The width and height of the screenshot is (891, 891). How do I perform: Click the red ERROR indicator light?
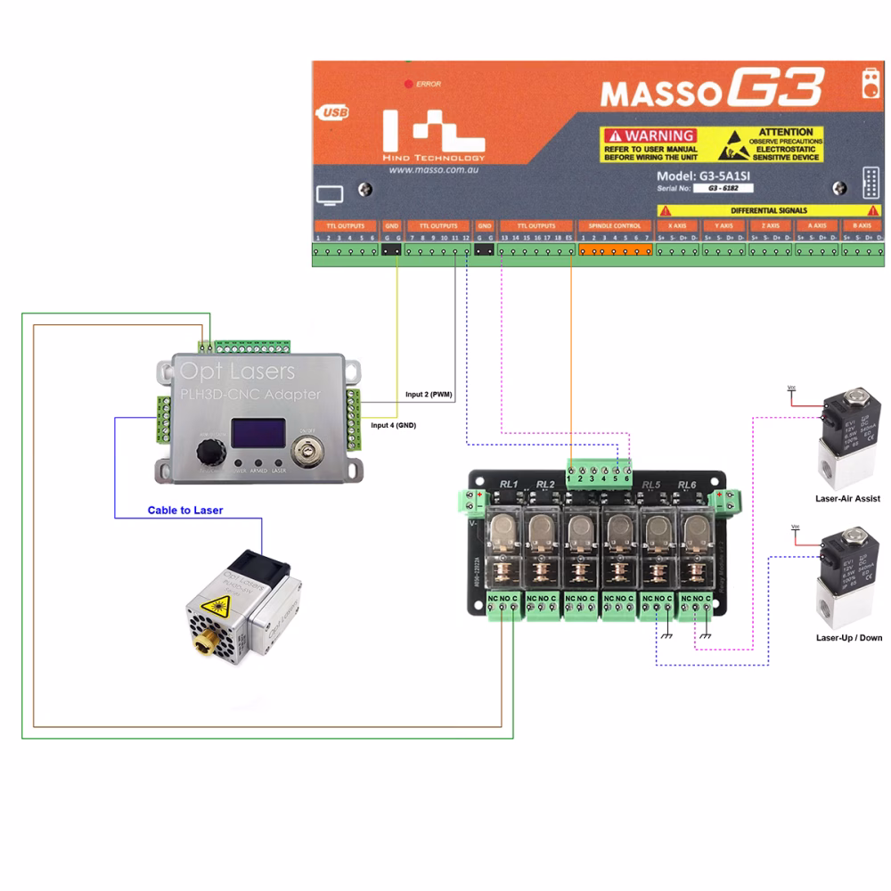[x=409, y=84]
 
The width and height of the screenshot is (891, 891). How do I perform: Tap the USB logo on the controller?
[x=331, y=113]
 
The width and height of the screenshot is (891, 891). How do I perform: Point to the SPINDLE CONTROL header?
[x=616, y=226]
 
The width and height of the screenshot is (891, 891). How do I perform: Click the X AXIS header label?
[x=677, y=226]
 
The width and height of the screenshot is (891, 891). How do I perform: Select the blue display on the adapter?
[x=258, y=433]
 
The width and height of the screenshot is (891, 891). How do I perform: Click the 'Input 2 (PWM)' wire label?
[x=429, y=394]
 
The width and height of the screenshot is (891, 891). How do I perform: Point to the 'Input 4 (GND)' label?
[x=394, y=425]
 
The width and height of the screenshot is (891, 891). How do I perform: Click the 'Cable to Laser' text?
[x=185, y=511]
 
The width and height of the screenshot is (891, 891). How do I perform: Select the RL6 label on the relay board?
[x=685, y=484]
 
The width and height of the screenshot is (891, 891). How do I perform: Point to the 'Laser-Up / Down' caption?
[x=849, y=638]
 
